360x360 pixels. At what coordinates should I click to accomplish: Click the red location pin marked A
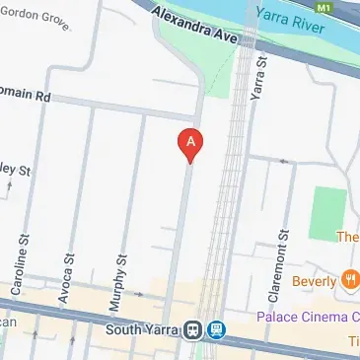pyautogui.click(x=190, y=144)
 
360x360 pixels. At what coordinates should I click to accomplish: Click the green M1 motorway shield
pyautogui.click(x=349, y=5)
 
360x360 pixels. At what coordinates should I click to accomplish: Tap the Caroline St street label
pyautogui.click(x=20, y=264)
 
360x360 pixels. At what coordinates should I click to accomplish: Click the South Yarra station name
pyautogui.click(x=145, y=328)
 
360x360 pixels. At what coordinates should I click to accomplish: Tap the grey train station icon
pyautogui.click(x=194, y=329)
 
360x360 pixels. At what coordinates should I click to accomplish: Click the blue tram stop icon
pyautogui.click(x=216, y=329)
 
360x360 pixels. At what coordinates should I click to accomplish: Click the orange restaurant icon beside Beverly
pyautogui.click(x=350, y=280)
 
